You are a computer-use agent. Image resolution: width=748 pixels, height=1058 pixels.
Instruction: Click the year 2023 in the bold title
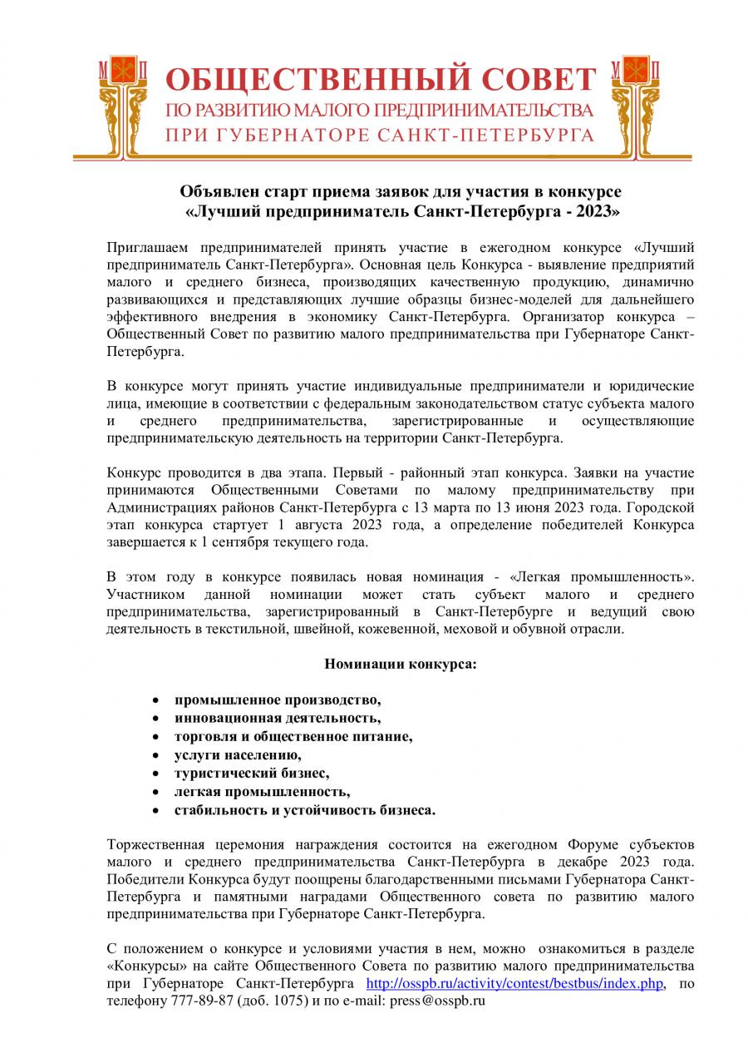tap(596, 211)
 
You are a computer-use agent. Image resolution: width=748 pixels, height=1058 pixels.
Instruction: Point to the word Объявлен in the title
tap(214, 192)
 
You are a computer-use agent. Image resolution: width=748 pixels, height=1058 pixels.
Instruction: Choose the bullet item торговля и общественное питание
tap(293, 736)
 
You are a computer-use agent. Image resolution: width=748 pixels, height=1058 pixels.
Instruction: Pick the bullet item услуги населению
tap(238, 754)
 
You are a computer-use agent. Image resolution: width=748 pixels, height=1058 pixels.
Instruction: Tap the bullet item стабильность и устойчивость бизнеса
tap(304, 809)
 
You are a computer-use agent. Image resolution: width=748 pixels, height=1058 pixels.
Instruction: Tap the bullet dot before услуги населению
tap(155, 755)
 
